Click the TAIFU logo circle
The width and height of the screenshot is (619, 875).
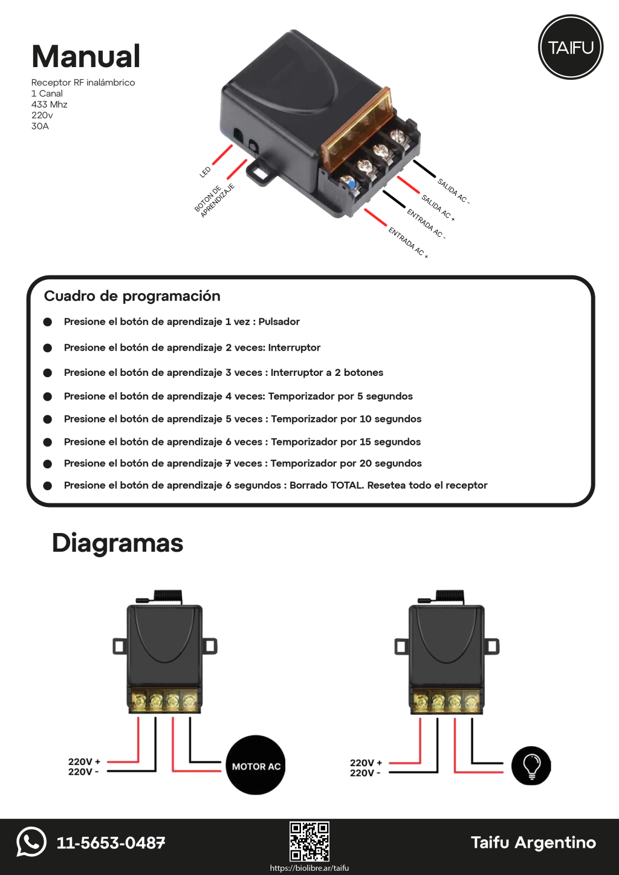point(571,47)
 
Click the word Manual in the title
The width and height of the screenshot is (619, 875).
point(86,56)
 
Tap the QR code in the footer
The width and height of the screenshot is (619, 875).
point(309,841)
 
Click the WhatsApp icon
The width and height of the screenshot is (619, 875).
point(31,841)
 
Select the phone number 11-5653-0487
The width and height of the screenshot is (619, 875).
point(111,843)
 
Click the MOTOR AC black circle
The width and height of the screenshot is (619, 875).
point(256,766)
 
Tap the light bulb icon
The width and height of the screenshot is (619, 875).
point(531,766)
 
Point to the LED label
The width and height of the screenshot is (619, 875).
point(206,172)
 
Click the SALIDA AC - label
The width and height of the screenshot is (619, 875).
point(453,191)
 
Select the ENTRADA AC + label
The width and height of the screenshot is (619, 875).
point(408,242)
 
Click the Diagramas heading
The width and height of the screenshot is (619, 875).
point(117,543)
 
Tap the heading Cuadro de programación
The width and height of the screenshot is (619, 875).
point(132,296)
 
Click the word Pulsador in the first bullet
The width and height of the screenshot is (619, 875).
point(279,321)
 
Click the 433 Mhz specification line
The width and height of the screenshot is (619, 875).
point(50,105)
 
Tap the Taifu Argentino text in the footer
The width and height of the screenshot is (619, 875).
point(533,842)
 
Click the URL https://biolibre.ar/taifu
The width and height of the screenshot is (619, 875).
point(309,868)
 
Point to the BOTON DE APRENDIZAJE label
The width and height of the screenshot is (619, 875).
point(214,200)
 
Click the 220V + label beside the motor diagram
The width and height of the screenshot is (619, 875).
point(84,761)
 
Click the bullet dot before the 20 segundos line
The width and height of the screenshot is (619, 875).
point(48,464)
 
